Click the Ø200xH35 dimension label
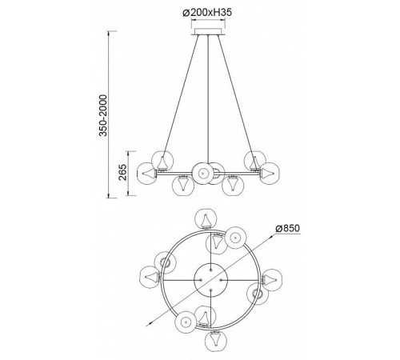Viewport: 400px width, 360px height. [207, 13]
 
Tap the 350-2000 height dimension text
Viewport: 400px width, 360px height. [103, 115]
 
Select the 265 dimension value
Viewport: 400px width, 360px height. [123, 173]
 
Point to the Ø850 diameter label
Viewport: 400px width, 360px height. [288, 228]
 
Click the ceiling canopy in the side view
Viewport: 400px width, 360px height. [208, 31]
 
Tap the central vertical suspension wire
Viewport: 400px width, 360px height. [208, 99]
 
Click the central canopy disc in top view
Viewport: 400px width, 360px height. [210, 280]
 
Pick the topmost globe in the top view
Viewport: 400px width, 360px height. [206, 219]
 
